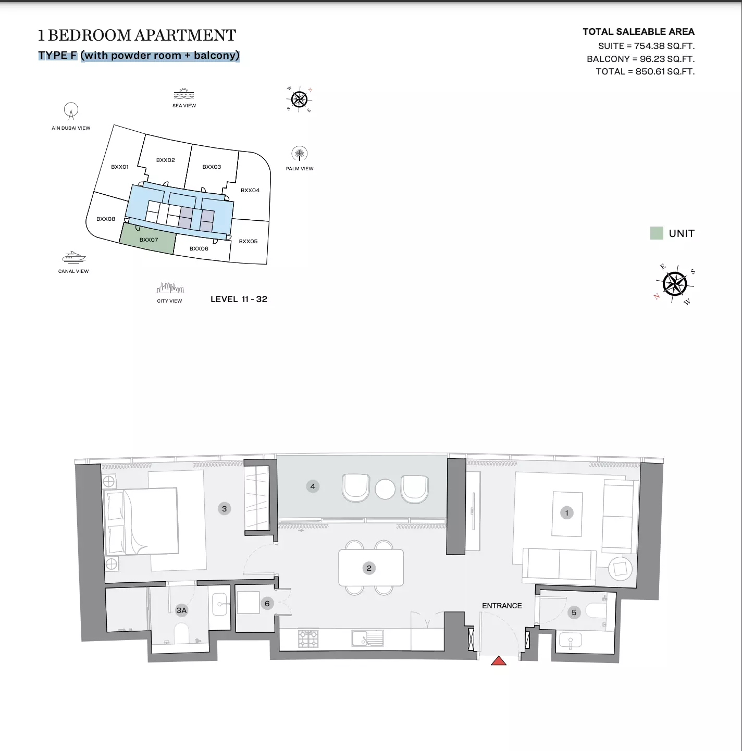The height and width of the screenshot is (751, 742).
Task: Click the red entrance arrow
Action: pyautogui.click(x=499, y=660)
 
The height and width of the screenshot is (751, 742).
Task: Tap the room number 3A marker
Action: pyautogui.click(x=181, y=610)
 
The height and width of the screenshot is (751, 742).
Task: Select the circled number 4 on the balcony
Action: pyautogui.click(x=313, y=486)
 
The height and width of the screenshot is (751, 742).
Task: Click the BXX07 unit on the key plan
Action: pyautogui.click(x=147, y=239)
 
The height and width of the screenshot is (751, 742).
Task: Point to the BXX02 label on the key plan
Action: pyautogui.click(x=165, y=160)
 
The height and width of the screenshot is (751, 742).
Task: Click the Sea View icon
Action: pyautogui.click(x=184, y=94)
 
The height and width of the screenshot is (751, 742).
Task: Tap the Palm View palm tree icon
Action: pyautogui.click(x=299, y=154)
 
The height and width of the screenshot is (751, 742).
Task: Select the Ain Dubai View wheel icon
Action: pyautogui.click(x=71, y=111)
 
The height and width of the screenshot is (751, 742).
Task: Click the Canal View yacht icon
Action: pyautogui.click(x=74, y=258)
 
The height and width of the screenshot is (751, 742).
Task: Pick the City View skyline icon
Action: pyautogui.click(x=170, y=288)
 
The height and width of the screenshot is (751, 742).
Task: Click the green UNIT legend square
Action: pyautogui.click(x=657, y=233)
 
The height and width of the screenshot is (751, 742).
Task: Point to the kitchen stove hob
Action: pyautogui.click(x=308, y=639)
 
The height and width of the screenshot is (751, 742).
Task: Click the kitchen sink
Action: pyautogui.click(x=367, y=639)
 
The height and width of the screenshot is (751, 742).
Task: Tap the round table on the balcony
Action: pyautogui.click(x=385, y=489)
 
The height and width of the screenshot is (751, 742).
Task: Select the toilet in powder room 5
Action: pyautogui.click(x=596, y=611)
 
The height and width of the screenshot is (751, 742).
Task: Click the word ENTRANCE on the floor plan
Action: pyautogui.click(x=502, y=606)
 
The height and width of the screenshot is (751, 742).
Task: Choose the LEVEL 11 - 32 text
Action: pyautogui.click(x=239, y=299)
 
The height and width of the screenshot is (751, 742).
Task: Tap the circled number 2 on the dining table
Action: pyautogui.click(x=369, y=568)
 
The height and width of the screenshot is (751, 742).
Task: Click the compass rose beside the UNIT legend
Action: pyautogui.click(x=674, y=284)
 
